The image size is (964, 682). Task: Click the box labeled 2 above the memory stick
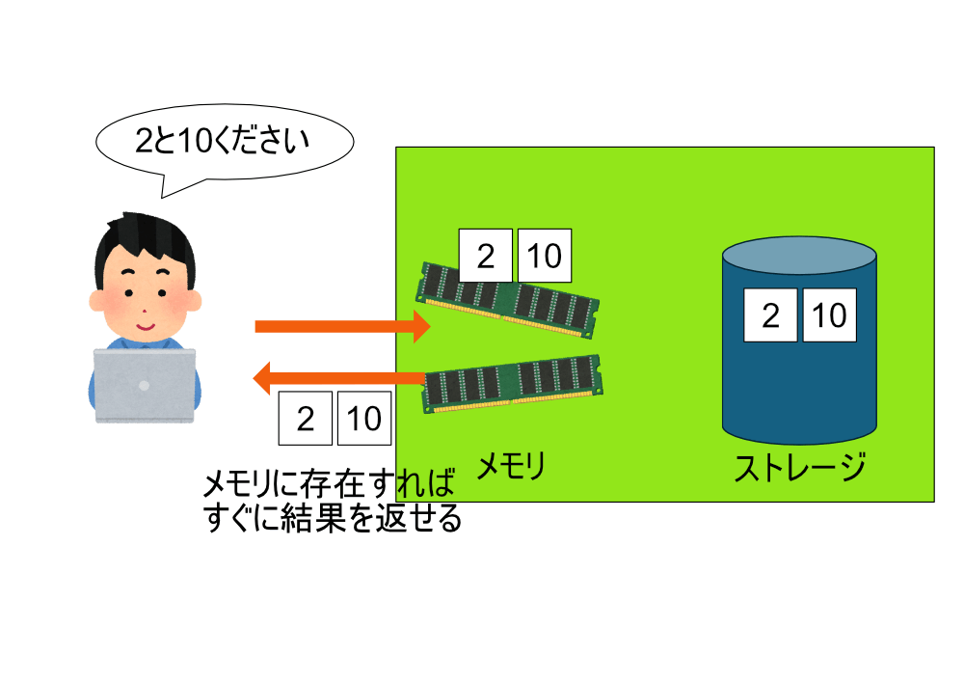coord(485,256)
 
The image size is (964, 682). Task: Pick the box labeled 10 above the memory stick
coord(545,256)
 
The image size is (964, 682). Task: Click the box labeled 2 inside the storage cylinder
coord(770,315)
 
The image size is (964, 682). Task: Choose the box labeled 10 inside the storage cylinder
coord(830,315)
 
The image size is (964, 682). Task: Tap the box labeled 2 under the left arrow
coord(305,419)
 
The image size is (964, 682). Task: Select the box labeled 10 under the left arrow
coord(364,419)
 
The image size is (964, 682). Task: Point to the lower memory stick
coord(516,383)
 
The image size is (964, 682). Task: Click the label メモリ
coord(512,468)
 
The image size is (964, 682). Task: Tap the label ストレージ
coord(800,469)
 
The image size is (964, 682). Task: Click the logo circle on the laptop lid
coord(145,385)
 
